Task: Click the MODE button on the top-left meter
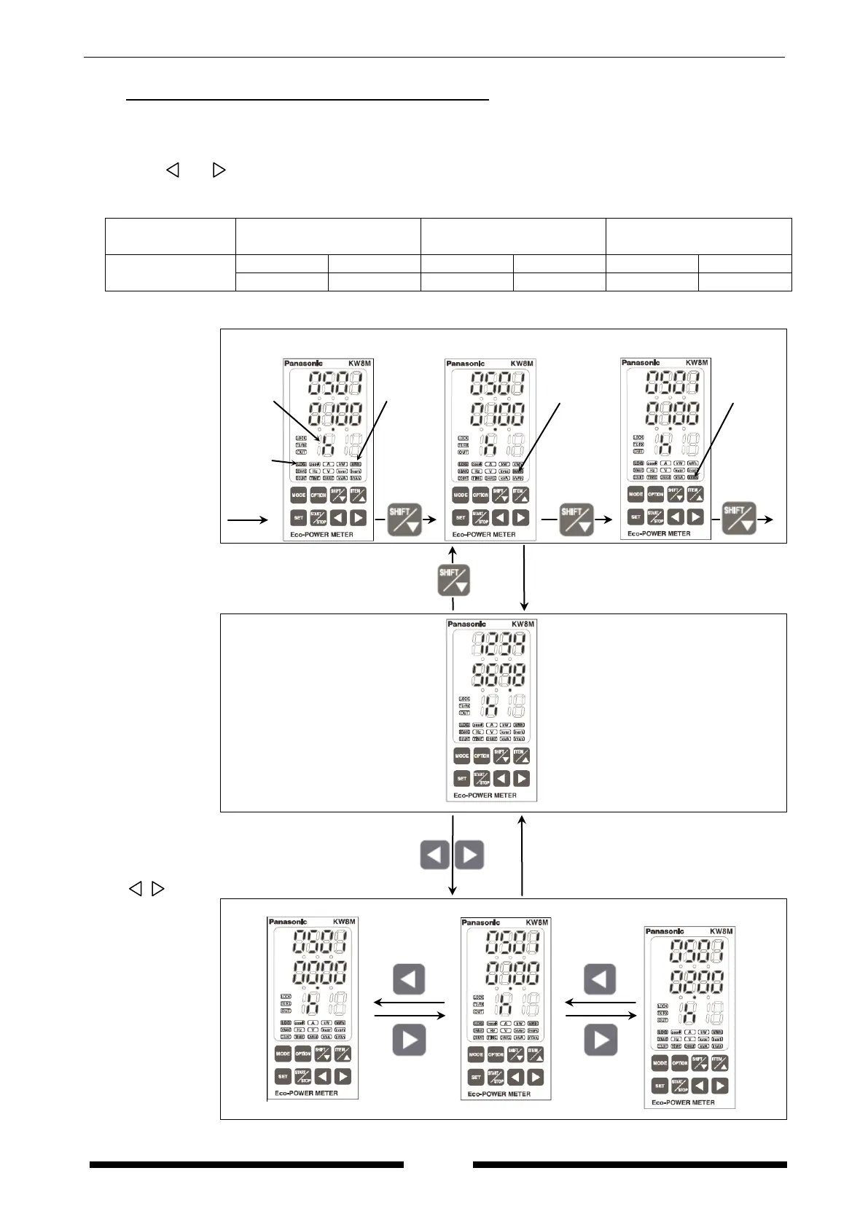[x=299, y=495]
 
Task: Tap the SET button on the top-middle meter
[x=460, y=518]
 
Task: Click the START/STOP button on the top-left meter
[x=318, y=518]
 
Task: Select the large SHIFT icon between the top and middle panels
[x=453, y=581]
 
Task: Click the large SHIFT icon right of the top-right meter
[x=738, y=518]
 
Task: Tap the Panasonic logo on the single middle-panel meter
[x=466, y=624]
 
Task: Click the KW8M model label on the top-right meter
[x=697, y=363]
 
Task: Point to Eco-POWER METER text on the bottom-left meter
[x=306, y=1094]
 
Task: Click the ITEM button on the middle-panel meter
[x=520, y=756]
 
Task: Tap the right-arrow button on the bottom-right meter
[x=720, y=1086]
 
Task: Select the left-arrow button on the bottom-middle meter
[x=515, y=1077]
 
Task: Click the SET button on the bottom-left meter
[x=283, y=1076]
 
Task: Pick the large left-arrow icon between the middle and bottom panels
[x=435, y=855]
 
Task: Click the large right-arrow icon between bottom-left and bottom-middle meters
[x=409, y=1040]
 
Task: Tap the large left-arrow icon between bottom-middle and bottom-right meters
[x=601, y=979]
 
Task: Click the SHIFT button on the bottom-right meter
[x=700, y=1063]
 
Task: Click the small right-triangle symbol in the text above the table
[x=219, y=170]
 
